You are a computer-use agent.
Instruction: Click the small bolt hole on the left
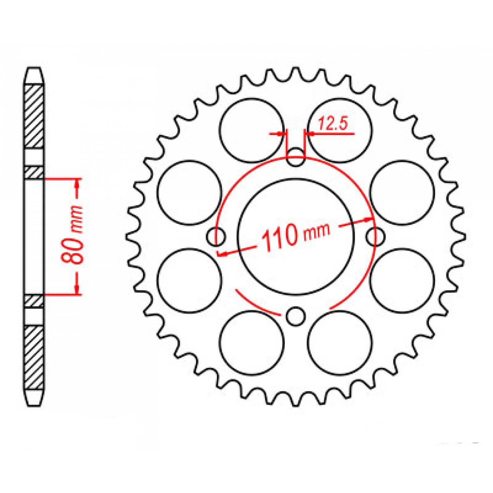pyautogui.click(x=216, y=237)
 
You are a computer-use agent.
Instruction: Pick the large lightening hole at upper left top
pyautogui.click(x=252, y=130)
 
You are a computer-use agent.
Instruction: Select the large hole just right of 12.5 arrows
pyautogui.click(x=340, y=130)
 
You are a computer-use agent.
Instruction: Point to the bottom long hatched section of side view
pyautogui.click(x=34, y=357)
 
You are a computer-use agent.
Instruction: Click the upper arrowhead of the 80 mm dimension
pyautogui.click(x=77, y=183)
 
